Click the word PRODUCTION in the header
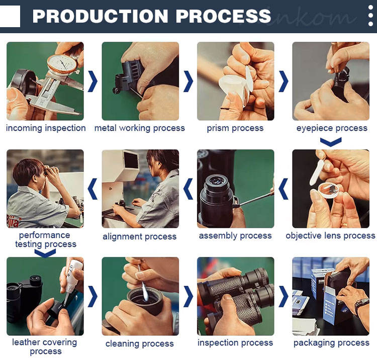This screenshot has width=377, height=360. click(x=100, y=16)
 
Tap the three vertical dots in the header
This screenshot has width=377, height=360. click(x=370, y=16)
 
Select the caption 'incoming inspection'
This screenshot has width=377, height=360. click(x=46, y=128)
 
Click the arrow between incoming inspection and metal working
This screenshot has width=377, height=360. click(x=92, y=81)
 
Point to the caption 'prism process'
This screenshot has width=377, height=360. click(x=235, y=128)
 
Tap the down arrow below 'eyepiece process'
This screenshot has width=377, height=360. click(x=331, y=142)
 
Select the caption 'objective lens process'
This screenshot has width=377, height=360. click(x=330, y=236)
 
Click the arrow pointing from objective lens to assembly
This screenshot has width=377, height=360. click(x=283, y=189)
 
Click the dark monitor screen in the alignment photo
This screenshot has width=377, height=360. click(x=131, y=160)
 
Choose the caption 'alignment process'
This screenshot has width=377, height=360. click(x=139, y=237)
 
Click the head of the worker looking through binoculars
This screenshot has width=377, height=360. click(x=29, y=171)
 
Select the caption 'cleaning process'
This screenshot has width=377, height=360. click(x=139, y=343)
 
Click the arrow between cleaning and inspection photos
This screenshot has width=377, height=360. click(x=188, y=296)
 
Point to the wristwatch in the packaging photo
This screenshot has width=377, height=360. click(x=361, y=305)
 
